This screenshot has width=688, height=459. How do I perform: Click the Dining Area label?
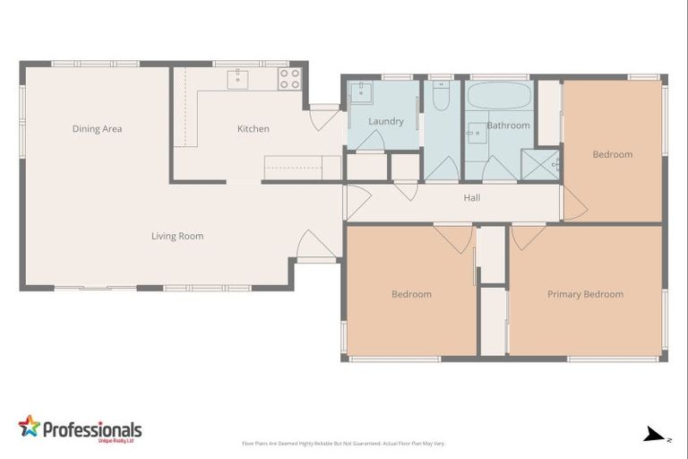coord(97,129)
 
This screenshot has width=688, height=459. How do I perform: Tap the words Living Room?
coord(176,237)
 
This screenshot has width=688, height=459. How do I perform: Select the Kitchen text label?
coord(253,129)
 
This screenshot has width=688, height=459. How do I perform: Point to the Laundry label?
coord(385,121)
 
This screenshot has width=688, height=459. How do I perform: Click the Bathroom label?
coord(508,126)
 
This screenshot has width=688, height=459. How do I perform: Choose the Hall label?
coord(472,197)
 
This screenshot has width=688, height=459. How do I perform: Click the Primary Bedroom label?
coord(585,294)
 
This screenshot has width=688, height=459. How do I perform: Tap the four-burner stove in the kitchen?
coord(289,79)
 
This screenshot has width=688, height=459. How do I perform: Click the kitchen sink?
coord(237,78)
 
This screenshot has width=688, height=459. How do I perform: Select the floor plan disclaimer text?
coord(344,443)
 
